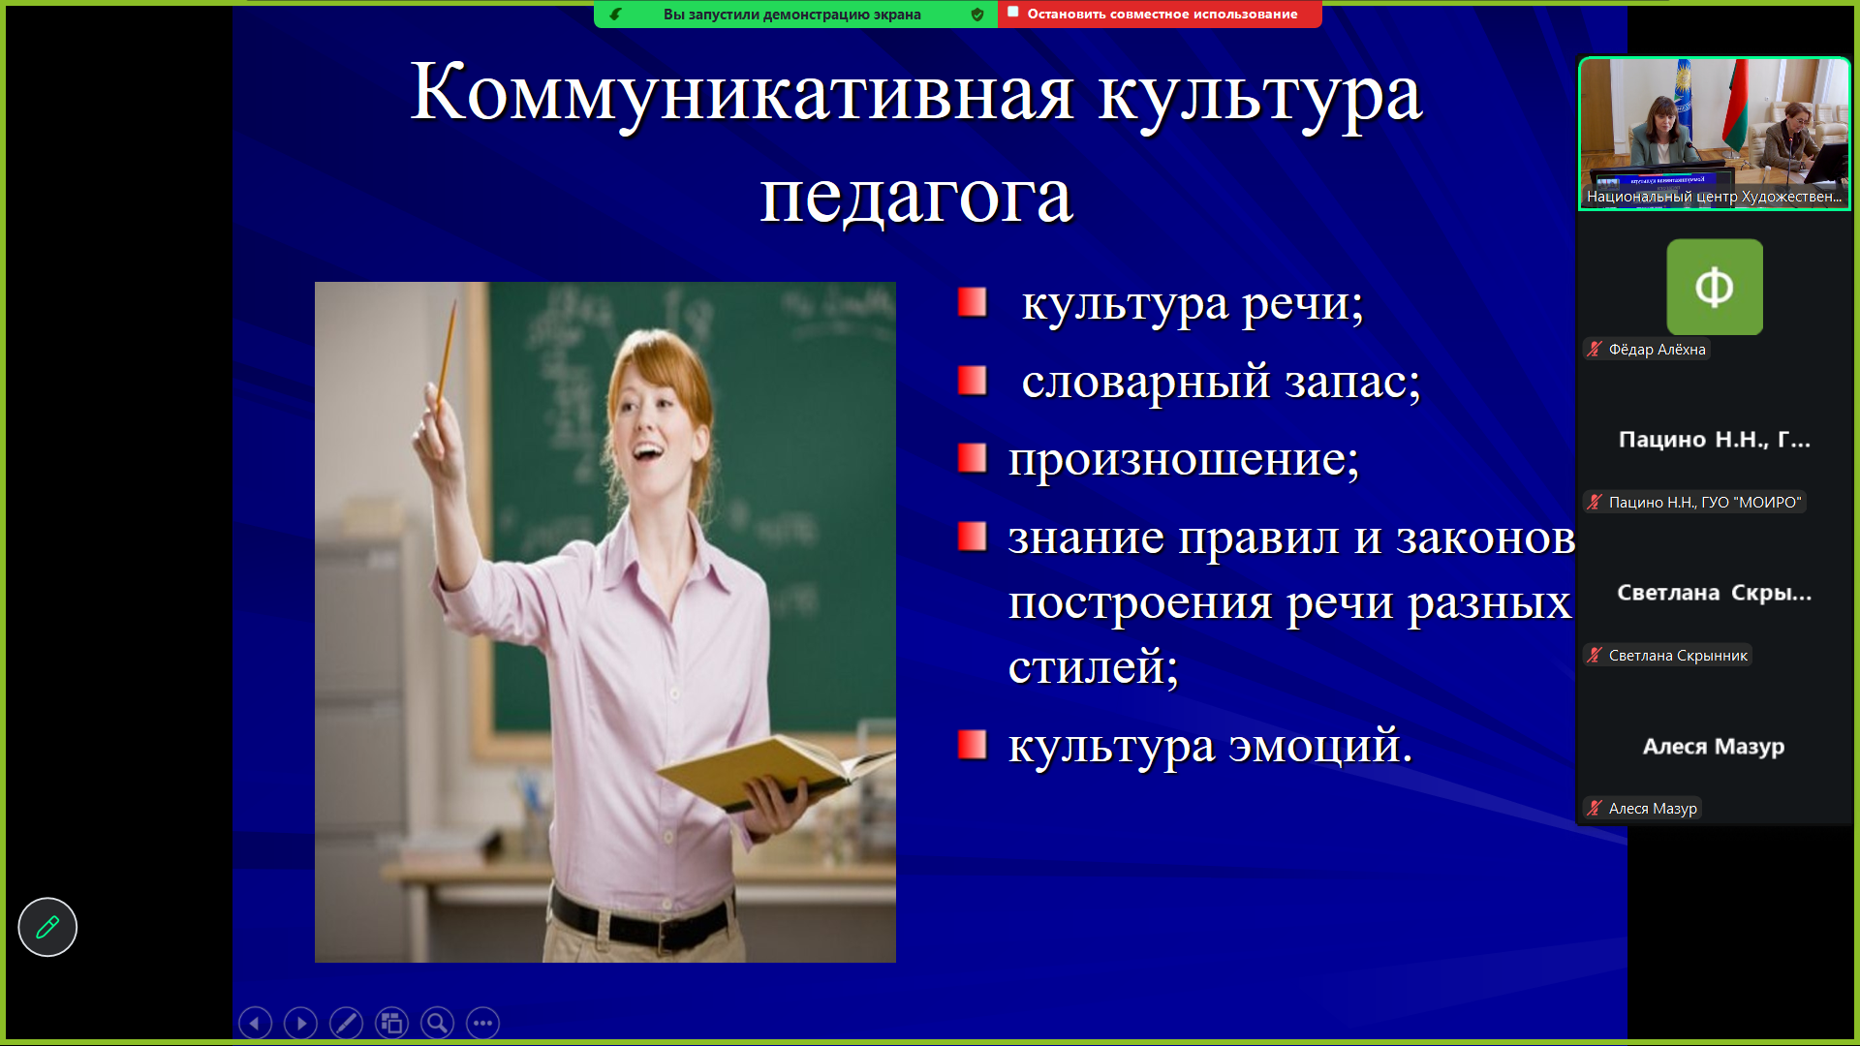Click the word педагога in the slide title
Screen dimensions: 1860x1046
pos(915,198)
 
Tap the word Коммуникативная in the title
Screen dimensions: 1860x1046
pos(742,93)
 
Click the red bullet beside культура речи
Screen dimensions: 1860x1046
pos(972,302)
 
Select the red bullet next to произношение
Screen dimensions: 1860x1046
pos(972,457)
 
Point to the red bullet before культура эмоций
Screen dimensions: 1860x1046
pos(972,745)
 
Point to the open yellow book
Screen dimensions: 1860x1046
pos(765,770)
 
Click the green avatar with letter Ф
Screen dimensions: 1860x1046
pos(1715,287)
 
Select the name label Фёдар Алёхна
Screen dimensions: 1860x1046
pos(1657,350)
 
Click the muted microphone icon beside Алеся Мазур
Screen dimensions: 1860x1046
pos(1595,808)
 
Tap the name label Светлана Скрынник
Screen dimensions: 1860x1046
pos(1678,656)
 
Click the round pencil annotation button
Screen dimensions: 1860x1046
pos(47,927)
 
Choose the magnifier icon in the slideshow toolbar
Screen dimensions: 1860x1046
pos(437,1023)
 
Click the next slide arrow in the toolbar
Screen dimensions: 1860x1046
pos(300,1023)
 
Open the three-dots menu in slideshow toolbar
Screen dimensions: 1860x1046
pos(482,1023)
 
